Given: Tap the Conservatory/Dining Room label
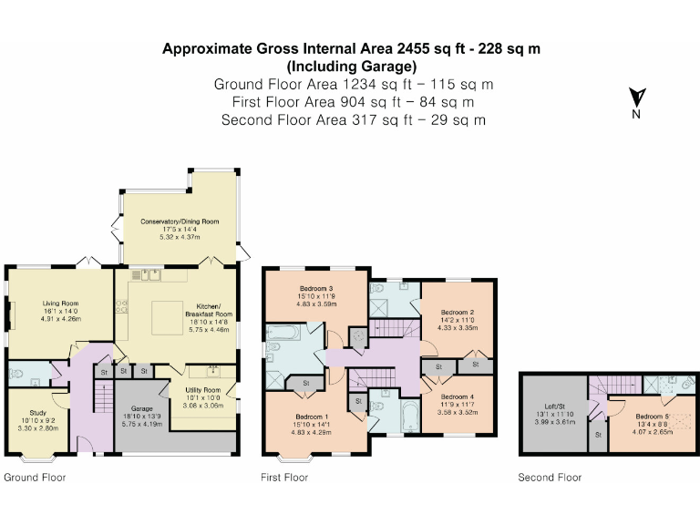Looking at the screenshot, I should pos(180,221).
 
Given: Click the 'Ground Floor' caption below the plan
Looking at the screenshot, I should pos(35,478).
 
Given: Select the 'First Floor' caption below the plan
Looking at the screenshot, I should pos(284,478).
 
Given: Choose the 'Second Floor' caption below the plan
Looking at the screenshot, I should pos(550,478).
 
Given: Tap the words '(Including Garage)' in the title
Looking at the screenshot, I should pos(351,66).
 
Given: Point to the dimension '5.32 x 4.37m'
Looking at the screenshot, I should pos(180,237).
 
